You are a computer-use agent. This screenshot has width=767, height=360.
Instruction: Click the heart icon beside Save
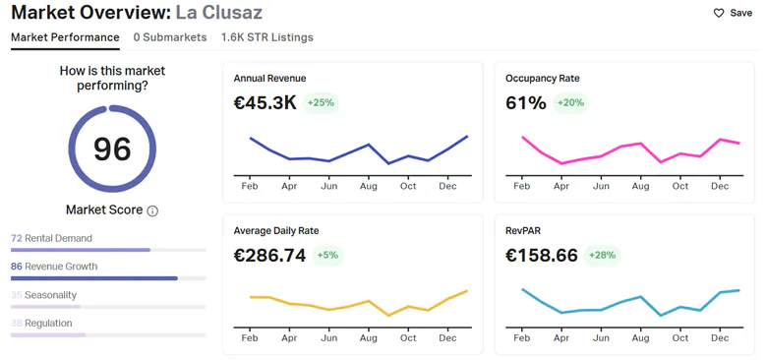(x=719, y=13)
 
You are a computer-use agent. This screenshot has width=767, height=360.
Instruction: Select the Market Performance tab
(x=65, y=37)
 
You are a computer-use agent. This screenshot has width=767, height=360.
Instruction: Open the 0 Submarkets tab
(x=170, y=37)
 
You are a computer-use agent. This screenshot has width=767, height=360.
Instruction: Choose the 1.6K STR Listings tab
(x=267, y=37)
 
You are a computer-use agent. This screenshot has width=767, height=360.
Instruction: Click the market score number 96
(x=112, y=150)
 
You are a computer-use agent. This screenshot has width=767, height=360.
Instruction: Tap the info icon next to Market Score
(x=152, y=211)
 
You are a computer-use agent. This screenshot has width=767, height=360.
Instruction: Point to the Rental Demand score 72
(x=17, y=238)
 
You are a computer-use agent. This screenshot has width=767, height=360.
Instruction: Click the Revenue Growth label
(x=61, y=267)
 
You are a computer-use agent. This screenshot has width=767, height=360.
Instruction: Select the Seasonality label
(x=51, y=295)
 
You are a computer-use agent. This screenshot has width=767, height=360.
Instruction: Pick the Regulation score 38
(x=17, y=324)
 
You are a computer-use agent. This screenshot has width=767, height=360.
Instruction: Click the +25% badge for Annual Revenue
(x=321, y=102)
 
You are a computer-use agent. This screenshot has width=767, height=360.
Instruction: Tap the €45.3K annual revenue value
(x=265, y=102)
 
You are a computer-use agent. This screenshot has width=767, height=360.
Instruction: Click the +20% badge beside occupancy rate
(x=571, y=102)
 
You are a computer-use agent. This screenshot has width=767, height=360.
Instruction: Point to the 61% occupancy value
(x=526, y=102)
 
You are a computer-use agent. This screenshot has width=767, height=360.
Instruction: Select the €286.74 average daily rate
(x=269, y=256)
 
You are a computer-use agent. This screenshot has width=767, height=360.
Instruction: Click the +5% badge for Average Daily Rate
(x=327, y=256)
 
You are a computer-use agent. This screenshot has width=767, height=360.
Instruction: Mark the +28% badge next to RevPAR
(x=602, y=256)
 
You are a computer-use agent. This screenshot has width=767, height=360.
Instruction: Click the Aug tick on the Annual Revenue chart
(x=369, y=186)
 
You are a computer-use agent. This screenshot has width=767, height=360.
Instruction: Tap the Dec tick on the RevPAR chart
(x=720, y=338)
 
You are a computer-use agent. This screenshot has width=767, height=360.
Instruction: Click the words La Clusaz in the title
(x=219, y=12)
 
